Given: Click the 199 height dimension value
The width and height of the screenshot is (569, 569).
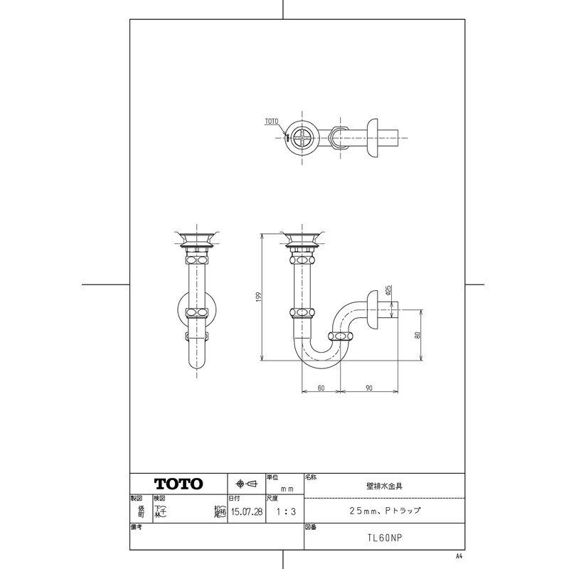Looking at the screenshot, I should pos(260,297).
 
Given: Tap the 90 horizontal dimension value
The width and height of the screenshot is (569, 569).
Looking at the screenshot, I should pos(370,388).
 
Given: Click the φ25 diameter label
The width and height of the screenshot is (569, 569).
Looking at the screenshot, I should pos(388,289).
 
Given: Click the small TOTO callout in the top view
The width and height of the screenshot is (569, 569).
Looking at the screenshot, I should pos(272,122).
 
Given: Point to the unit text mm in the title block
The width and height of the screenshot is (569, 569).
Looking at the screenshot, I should pos(287,489).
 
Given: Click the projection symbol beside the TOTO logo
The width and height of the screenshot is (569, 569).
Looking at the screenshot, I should pos(245,484).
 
